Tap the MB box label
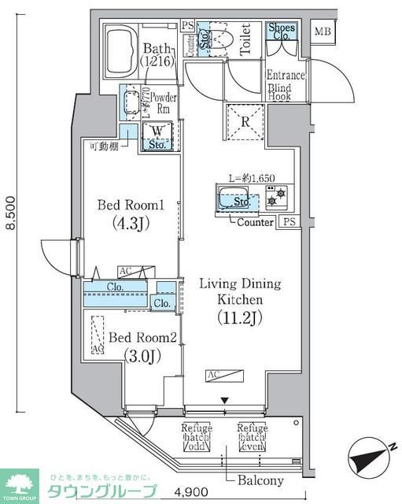(x=323, y=32)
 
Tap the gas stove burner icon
(x=272, y=202)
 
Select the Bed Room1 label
(x=130, y=206)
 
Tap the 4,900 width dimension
(x=194, y=492)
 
